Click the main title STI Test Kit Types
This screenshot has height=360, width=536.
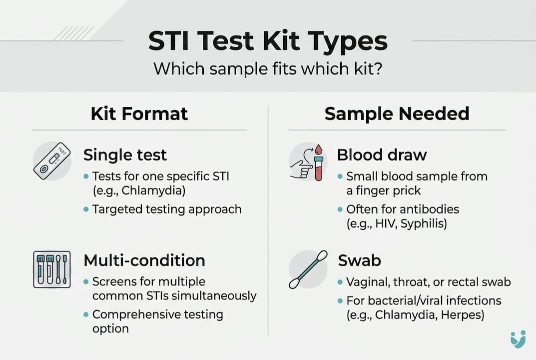(x=268, y=41)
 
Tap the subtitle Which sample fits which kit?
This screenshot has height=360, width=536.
(x=268, y=68)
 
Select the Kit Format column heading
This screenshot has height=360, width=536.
(x=139, y=114)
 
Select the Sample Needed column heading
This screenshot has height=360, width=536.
(x=397, y=114)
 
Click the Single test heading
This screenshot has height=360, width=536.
(x=125, y=155)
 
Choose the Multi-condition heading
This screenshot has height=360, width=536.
(x=144, y=260)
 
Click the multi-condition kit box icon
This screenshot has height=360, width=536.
(x=52, y=269)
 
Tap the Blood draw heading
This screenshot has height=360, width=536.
(x=382, y=155)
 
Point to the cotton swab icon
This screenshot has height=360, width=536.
(x=308, y=269)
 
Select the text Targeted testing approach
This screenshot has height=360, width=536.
(x=167, y=209)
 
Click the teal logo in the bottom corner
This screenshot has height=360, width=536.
(x=518, y=338)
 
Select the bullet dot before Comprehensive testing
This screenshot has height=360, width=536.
(x=86, y=314)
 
